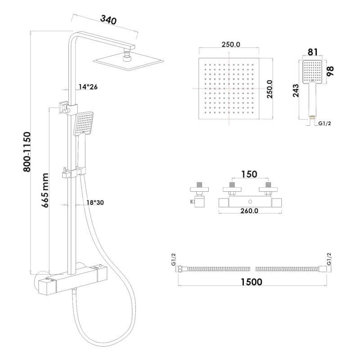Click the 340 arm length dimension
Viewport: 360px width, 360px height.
pos(108,20)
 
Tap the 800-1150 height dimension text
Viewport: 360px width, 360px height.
pos(27,152)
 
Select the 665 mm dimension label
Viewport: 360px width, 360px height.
pos(45,190)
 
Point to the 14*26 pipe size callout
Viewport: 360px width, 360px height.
pos(88,87)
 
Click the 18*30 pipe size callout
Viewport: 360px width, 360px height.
pos(95,202)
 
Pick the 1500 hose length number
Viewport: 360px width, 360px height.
pos(252,282)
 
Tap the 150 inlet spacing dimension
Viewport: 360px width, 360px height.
pos(249,174)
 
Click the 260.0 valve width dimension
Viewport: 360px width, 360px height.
pos(249,211)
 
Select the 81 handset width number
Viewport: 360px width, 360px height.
pos(313,52)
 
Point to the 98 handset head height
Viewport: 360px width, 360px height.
pos(330,71)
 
